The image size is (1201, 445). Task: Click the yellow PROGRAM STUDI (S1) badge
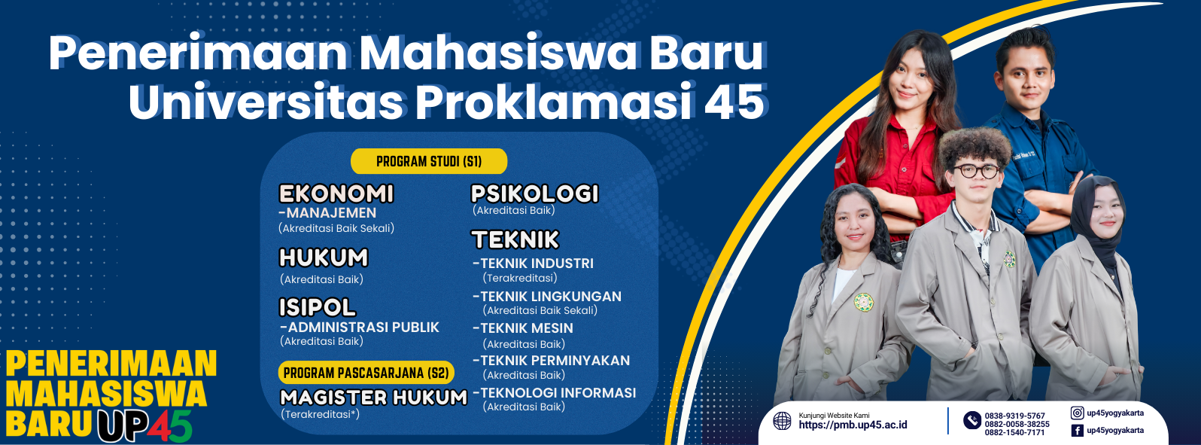(429, 161)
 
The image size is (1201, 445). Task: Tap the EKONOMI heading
(336, 194)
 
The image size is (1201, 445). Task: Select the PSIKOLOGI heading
(534, 194)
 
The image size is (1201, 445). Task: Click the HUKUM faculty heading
(324, 258)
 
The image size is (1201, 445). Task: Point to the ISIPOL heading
(318, 307)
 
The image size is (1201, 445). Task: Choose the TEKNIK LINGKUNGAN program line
(547, 297)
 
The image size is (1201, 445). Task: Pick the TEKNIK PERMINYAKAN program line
(551, 360)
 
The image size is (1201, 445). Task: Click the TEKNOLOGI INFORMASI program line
(555, 393)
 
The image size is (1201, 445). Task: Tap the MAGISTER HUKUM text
(374, 398)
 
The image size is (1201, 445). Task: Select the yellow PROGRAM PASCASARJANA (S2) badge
(366, 373)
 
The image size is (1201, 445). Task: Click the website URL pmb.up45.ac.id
(853, 425)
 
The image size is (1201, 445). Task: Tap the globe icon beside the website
(783, 421)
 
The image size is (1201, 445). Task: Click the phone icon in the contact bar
(972, 420)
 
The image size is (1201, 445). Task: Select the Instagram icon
(1077, 413)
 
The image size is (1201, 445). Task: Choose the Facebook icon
(1077, 431)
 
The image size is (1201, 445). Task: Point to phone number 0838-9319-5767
(1015, 416)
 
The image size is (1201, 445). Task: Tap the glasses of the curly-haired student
(976, 171)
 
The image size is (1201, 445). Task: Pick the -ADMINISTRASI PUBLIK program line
(359, 327)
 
